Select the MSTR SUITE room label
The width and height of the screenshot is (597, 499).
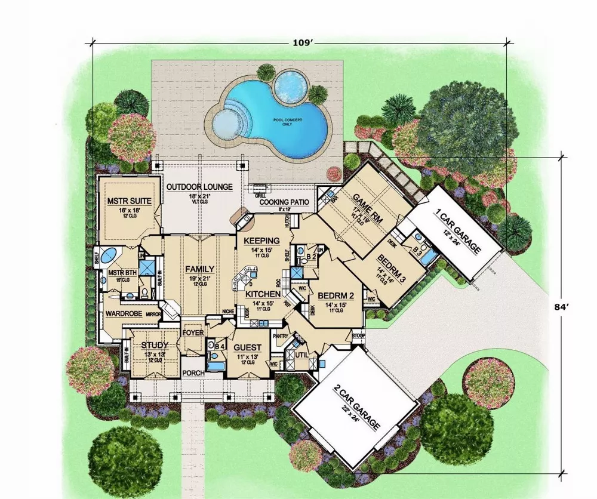click(x=128, y=201)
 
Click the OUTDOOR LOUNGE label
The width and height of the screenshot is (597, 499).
click(x=199, y=187)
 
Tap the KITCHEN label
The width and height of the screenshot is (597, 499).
click(x=263, y=294)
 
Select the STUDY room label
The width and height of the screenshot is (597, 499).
click(x=155, y=345)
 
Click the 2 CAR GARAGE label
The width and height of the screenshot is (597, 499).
click(x=356, y=406)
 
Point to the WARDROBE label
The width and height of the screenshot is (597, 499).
click(x=123, y=313)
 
